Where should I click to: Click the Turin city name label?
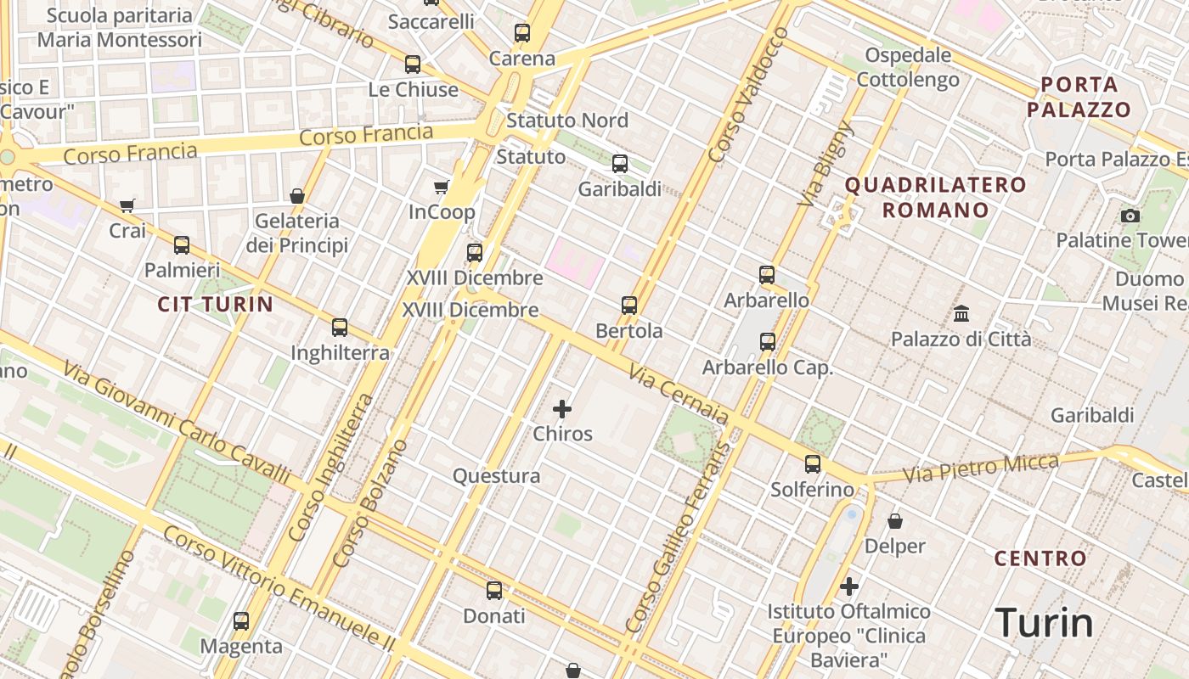1044,622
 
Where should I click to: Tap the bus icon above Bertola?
629,305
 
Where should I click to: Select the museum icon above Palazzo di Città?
961,314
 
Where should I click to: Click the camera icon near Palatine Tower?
1130,216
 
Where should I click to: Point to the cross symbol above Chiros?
562,409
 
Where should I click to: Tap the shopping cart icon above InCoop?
441,187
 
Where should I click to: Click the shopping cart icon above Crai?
127,205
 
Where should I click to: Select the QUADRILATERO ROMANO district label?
935,197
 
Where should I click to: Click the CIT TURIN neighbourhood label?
216,304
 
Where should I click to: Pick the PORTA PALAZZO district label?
1079,97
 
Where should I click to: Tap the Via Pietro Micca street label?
981,469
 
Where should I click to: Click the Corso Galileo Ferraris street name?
677,536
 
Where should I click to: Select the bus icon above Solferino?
813,463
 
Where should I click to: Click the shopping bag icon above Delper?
894,520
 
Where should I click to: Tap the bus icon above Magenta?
241,620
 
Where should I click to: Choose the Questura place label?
496,476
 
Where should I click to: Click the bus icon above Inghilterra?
340,327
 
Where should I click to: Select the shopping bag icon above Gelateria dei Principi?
297,196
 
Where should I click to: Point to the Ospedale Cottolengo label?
908,67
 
